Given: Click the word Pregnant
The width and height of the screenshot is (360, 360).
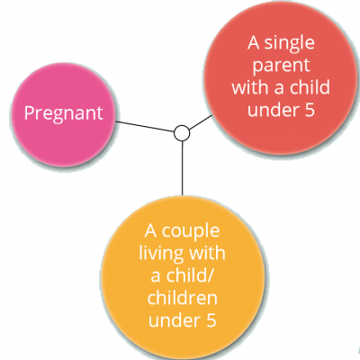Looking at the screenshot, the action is click(64, 113).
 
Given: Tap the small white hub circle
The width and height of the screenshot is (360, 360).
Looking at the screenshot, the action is click(182, 133).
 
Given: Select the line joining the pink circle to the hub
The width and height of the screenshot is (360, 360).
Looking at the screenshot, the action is click(145, 126).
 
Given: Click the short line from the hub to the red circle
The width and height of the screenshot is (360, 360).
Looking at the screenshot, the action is click(201, 122).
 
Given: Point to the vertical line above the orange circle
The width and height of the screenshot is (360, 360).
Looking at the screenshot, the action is click(182, 168).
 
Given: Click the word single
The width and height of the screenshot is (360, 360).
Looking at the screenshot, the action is click(289, 44).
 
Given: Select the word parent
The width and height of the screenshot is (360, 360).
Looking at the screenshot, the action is click(281, 66).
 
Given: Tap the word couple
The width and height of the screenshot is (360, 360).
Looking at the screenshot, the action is click(191, 232).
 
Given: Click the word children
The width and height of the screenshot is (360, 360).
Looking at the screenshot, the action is click(183, 298).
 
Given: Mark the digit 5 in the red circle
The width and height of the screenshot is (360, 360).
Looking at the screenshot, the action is click(310, 110).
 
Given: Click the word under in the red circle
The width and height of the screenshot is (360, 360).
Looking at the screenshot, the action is click(274, 110).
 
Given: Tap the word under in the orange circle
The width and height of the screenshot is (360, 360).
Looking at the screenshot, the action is click(175, 319).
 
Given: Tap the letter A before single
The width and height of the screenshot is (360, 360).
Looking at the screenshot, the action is click(254, 43).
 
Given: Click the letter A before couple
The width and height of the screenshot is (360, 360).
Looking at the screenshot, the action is click(151, 231).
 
